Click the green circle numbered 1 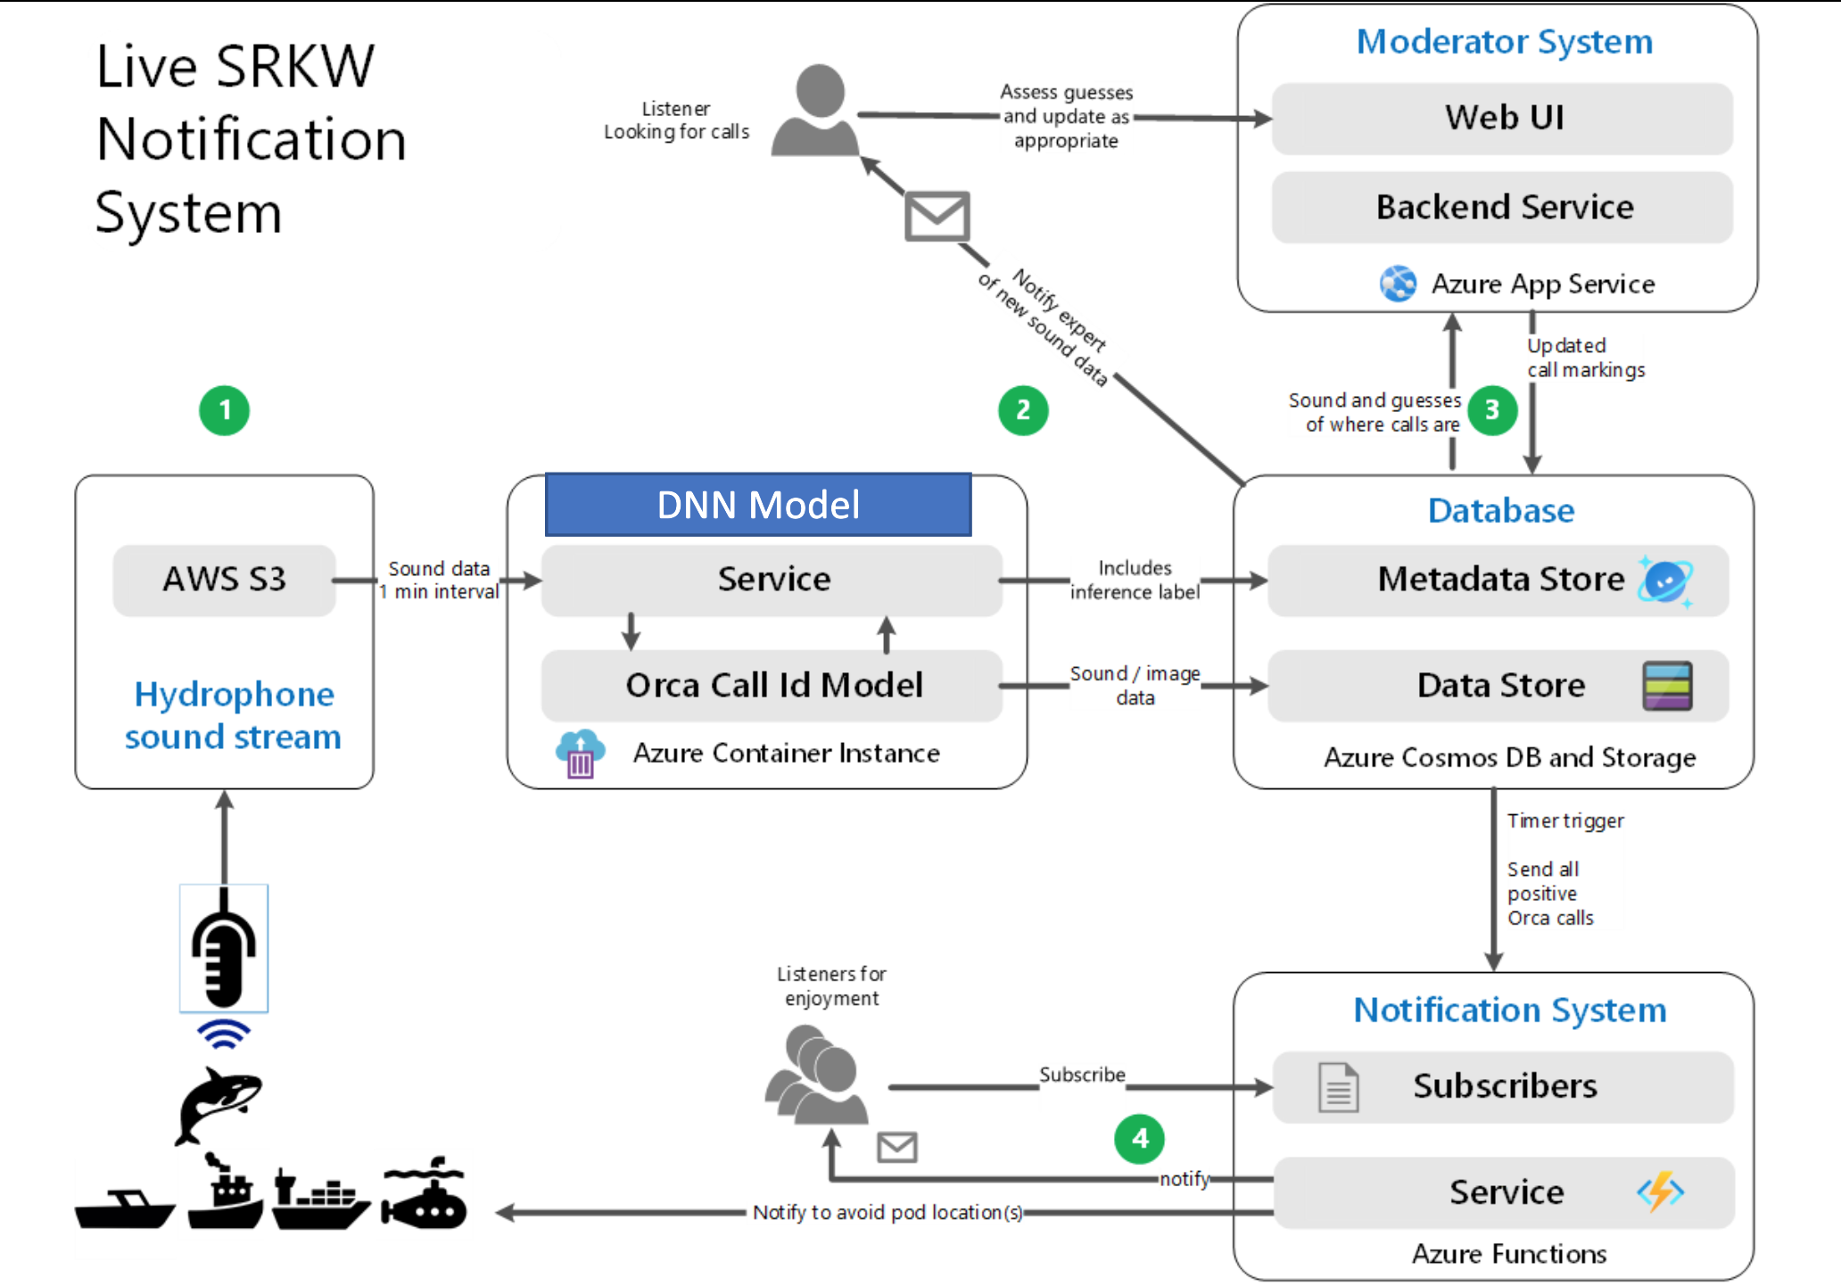(224, 410)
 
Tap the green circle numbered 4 (1139, 1138)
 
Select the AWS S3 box (224, 580)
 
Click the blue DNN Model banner (758, 505)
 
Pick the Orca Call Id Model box (772, 685)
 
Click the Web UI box (1503, 118)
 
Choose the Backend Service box (1503, 207)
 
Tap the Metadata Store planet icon (1664, 581)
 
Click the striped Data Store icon (1666, 686)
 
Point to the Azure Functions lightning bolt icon (1660, 1191)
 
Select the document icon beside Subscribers (1338, 1087)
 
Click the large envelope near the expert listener (937, 216)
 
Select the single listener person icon (816, 111)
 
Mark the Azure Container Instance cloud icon (580, 754)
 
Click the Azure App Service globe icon (1398, 284)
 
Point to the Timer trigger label (1565, 820)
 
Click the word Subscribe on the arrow (1082, 1075)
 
